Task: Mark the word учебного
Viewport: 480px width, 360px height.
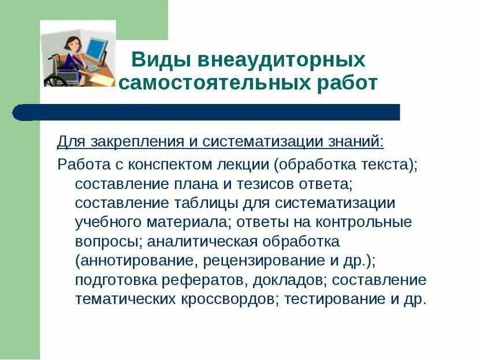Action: click(x=105, y=222)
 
